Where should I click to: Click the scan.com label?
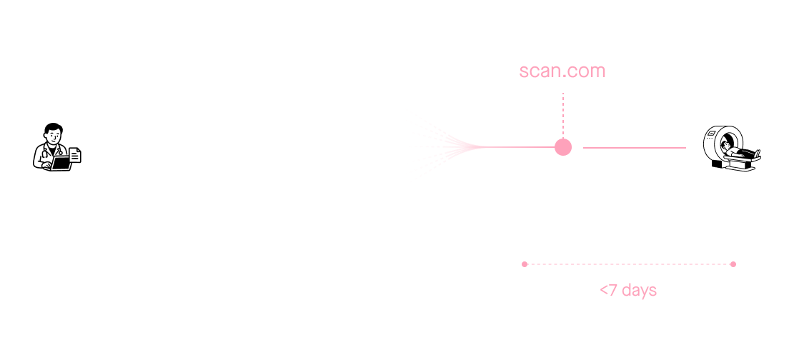pyautogui.click(x=562, y=71)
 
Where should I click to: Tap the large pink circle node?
pyautogui.click(x=563, y=147)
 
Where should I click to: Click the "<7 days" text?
pyautogui.click(x=628, y=290)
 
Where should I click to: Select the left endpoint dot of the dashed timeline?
pyautogui.click(x=525, y=264)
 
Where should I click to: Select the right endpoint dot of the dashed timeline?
pyautogui.click(x=733, y=264)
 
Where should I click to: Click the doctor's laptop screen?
pyautogui.click(x=62, y=162)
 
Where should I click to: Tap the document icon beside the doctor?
pyautogui.click(x=74, y=155)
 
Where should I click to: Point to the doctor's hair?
pyautogui.click(x=53, y=128)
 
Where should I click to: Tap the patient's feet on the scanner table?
pyautogui.click(x=757, y=153)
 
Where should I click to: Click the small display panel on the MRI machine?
pyautogui.click(x=712, y=134)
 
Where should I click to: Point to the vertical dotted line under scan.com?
pyautogui.click(x=563, y=115)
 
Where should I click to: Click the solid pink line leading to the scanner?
pyautogui.click(x=635, y=148)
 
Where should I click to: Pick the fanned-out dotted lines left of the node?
pyautogui.click(x=450, y=147)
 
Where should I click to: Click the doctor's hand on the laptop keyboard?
pyautogui.click(x=46, y=166)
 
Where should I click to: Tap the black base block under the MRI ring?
pyautogui.click(x=717, y=164)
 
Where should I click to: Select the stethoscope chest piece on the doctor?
pyautogui.click(x=60, y=153)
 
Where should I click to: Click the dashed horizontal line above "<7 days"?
pyautogui.click(x=628, y=264)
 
